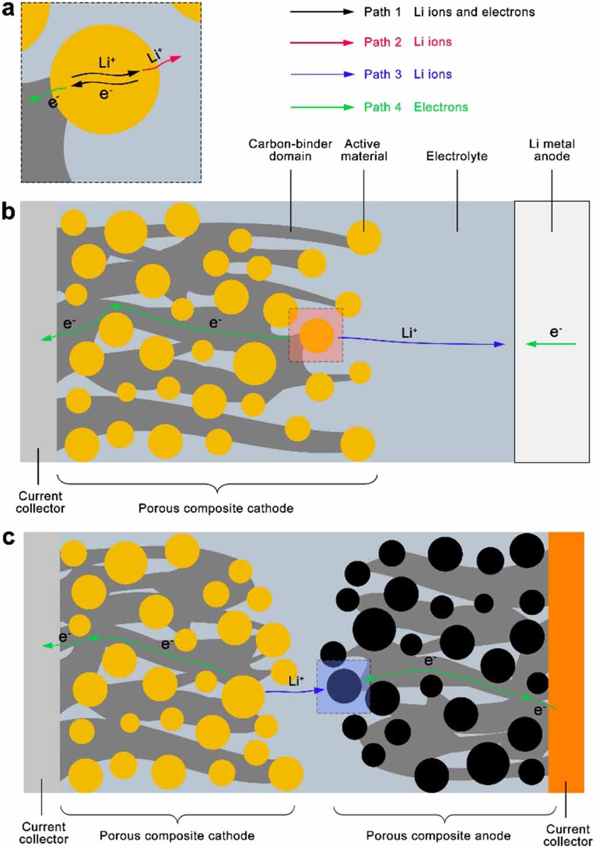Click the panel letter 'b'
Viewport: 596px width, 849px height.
tap(8, 212)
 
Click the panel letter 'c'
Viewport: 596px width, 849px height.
tap(8, 538)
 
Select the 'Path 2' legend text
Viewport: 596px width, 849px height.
tap(382, 42)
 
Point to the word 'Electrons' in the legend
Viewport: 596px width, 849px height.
tap(440, 107)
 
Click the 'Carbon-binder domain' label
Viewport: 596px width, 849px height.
tap(290, 150)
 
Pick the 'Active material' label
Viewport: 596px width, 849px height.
tap(363, 150)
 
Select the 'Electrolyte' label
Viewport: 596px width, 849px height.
tap(456, 156)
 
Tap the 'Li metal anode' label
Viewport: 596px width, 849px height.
tap(551, 150)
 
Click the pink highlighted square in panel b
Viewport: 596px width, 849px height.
tap(316, 336)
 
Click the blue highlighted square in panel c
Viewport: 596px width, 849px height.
tap(343, 687)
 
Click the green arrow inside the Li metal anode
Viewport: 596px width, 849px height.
tap(551, 344)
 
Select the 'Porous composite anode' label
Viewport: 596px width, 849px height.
tap(438, 836)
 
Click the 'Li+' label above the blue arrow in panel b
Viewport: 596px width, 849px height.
tap(409, 333)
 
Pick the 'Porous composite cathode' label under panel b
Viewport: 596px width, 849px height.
tap(215, 508)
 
